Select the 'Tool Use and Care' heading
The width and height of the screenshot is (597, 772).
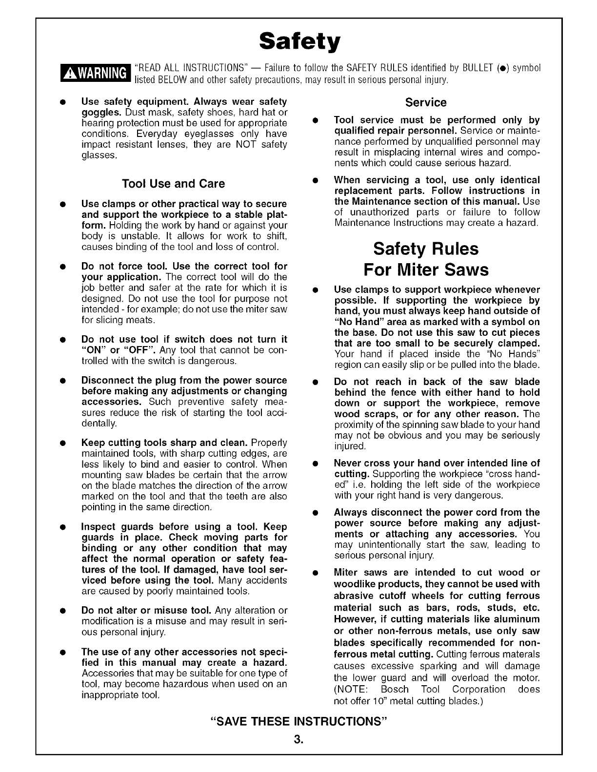click(x=174, y=184)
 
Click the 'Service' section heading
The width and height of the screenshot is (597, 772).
click(x=426, y=102)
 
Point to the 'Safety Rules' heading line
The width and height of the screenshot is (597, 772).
click(x=426, y=249)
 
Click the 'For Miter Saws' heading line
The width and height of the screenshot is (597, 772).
click(x=426, y=270)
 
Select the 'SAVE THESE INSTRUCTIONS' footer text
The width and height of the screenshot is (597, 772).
click(x=298, y=721)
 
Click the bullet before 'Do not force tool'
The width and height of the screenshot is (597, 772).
click(x=63, y=267)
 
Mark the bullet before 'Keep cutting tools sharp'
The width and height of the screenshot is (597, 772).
click(x=63, y=444)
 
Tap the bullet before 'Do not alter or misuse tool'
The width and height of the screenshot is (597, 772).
click(x=63, y=611)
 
